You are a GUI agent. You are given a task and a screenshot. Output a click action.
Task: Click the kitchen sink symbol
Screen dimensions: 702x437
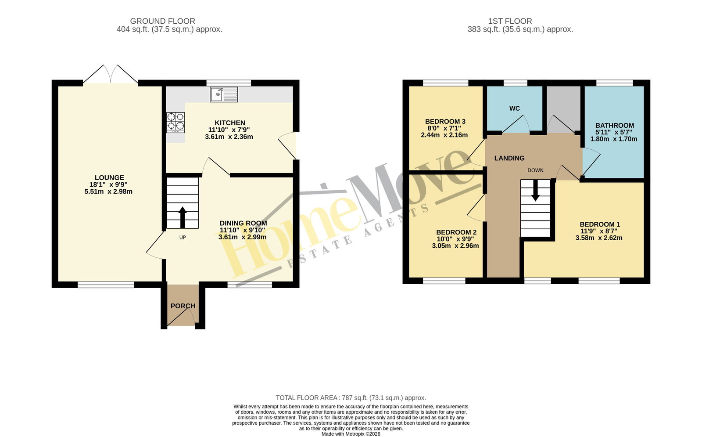224,94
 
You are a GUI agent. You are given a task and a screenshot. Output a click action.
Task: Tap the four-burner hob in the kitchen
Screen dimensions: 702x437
175,123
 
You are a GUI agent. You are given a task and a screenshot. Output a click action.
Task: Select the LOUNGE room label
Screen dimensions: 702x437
109,177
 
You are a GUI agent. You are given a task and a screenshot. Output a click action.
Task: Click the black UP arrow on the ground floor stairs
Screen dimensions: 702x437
183,217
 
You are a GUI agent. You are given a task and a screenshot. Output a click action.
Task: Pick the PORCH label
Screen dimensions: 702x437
183,306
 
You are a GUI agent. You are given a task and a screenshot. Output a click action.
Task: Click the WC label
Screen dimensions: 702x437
515,108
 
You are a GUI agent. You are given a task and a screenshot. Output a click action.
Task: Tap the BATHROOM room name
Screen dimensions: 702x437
615,126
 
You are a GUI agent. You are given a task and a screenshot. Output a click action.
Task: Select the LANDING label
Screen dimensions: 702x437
509,158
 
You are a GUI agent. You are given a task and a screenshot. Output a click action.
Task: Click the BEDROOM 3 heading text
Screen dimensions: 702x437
445,121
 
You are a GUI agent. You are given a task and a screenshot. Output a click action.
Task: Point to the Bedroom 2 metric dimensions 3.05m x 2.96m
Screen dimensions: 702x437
455,246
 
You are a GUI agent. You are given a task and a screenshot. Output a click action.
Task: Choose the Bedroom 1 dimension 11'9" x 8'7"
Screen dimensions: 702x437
599,231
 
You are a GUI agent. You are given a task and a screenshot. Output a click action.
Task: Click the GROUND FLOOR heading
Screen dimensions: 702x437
162,21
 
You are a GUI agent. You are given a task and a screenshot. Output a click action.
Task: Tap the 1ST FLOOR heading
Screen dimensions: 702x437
510,21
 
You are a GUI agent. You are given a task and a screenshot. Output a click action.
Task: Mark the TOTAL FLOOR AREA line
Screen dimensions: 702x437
351,398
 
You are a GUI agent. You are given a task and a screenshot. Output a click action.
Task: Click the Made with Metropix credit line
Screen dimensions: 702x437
351,434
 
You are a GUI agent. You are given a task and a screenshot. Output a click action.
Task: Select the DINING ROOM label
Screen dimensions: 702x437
243,223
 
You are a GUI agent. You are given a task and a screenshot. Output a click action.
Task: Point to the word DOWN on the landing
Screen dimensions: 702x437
535,170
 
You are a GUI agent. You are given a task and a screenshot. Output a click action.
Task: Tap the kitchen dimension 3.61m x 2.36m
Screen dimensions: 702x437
229,137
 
